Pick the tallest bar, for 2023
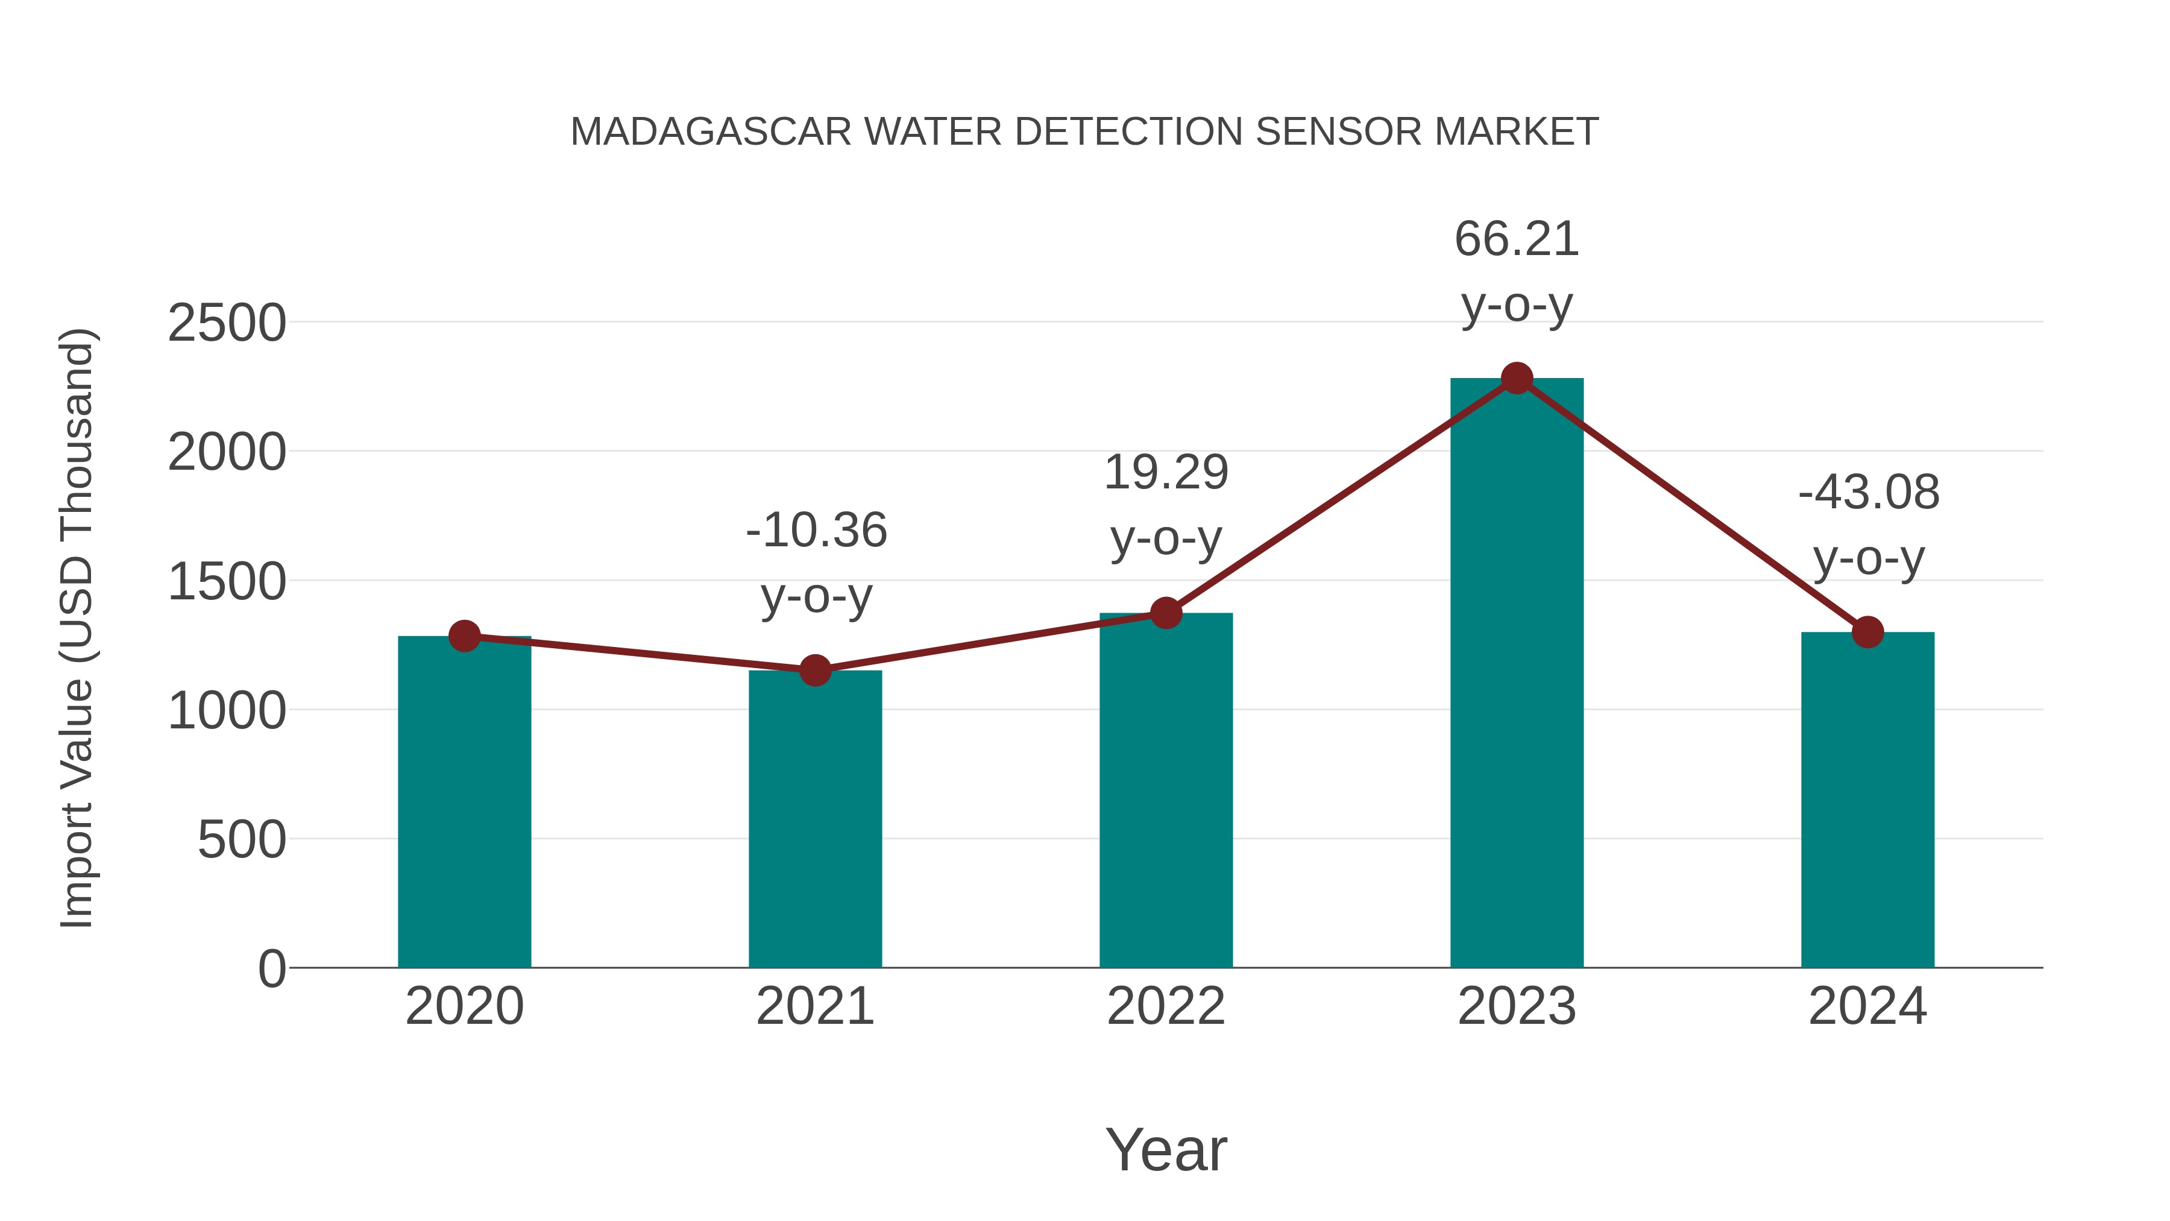tap(1517, 674)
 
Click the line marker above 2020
tap(464, 636)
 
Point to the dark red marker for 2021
tap(814, 670)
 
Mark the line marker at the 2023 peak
tap(1517, 378)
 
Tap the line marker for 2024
tap(1867, 631)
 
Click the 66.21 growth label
tap(1517, 239)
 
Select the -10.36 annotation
tap(816, 531)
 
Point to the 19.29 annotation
tap(1166, 472)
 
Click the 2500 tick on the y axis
tap(227, 324)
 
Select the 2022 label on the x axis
tap(1166, 1006)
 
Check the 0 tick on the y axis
tap(272, 969)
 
